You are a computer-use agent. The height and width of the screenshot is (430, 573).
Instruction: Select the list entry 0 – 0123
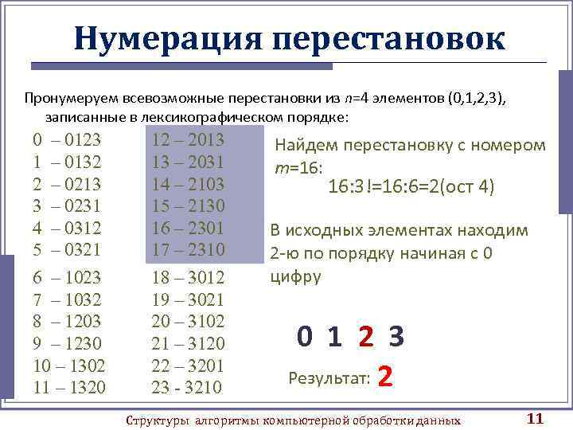click(67, 141)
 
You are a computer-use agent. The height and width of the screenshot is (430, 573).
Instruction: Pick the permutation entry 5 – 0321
click(67, 249)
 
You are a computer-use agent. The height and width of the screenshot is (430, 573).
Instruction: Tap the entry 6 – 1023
click(67, 278)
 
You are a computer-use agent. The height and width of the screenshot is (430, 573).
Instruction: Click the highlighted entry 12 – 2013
click(188, 141)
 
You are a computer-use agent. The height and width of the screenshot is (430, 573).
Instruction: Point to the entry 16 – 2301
click(188, 228)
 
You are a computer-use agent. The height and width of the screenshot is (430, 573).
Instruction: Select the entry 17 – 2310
click(188, 249)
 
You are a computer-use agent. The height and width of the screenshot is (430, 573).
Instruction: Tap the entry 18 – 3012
click(188, 278)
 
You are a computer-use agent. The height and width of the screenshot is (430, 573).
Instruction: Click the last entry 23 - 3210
click(188, 388)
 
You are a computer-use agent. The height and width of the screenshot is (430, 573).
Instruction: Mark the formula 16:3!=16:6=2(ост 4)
click(411, 187)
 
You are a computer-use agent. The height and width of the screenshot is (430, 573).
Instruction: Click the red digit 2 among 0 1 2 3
click(365, 338)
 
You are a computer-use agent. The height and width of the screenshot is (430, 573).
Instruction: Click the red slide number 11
click(535, 419)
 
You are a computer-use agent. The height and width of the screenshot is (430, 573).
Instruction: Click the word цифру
click(296, 277)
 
